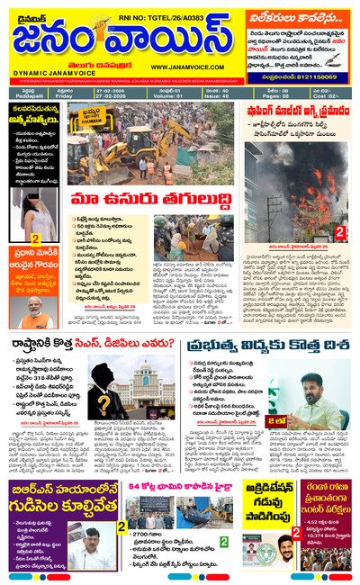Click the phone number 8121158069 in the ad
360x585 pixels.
pyautogui.click(x=322, y=79)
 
